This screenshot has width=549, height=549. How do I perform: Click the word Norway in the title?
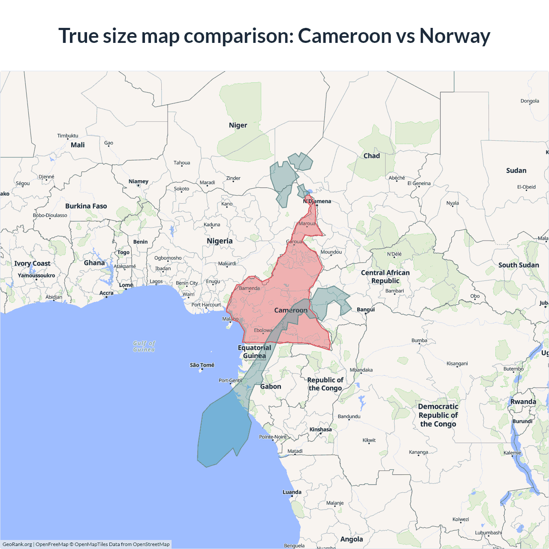click(x=455, y=36)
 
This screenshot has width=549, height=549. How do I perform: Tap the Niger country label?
click(x=238, y=125)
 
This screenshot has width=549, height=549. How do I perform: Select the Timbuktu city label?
click(x=68, y=136)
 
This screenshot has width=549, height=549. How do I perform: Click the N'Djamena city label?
click(x=317, y=201)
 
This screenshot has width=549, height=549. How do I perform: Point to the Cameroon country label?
click(x=291, y=310)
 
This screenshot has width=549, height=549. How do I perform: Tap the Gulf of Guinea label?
click(x=144, y=346)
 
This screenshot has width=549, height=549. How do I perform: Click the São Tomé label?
click(x=202, y=365)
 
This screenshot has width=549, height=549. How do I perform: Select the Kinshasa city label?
click(x=320, y=429)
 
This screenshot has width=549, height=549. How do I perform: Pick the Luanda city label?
click(x=292, y=492)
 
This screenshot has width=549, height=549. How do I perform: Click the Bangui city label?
click(x=365, y=309)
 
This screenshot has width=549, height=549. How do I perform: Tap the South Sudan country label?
click(x=519, y=265)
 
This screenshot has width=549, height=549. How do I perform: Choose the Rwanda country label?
click(x=523, y=402)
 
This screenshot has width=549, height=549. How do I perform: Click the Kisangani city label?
click(x=457, y=363)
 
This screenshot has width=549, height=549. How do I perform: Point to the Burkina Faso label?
click(x=86, y=206)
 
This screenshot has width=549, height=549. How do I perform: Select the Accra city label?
click(x=106, y=293)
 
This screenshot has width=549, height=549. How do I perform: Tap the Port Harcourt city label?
click(x=206, y=305)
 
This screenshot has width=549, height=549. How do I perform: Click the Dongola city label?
click(x=530, y=101)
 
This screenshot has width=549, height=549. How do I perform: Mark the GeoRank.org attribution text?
click(x=17, y=544)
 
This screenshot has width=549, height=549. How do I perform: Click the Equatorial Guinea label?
click(x=254, y=352)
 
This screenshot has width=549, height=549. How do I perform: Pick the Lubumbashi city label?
click(x=488, y=533)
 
